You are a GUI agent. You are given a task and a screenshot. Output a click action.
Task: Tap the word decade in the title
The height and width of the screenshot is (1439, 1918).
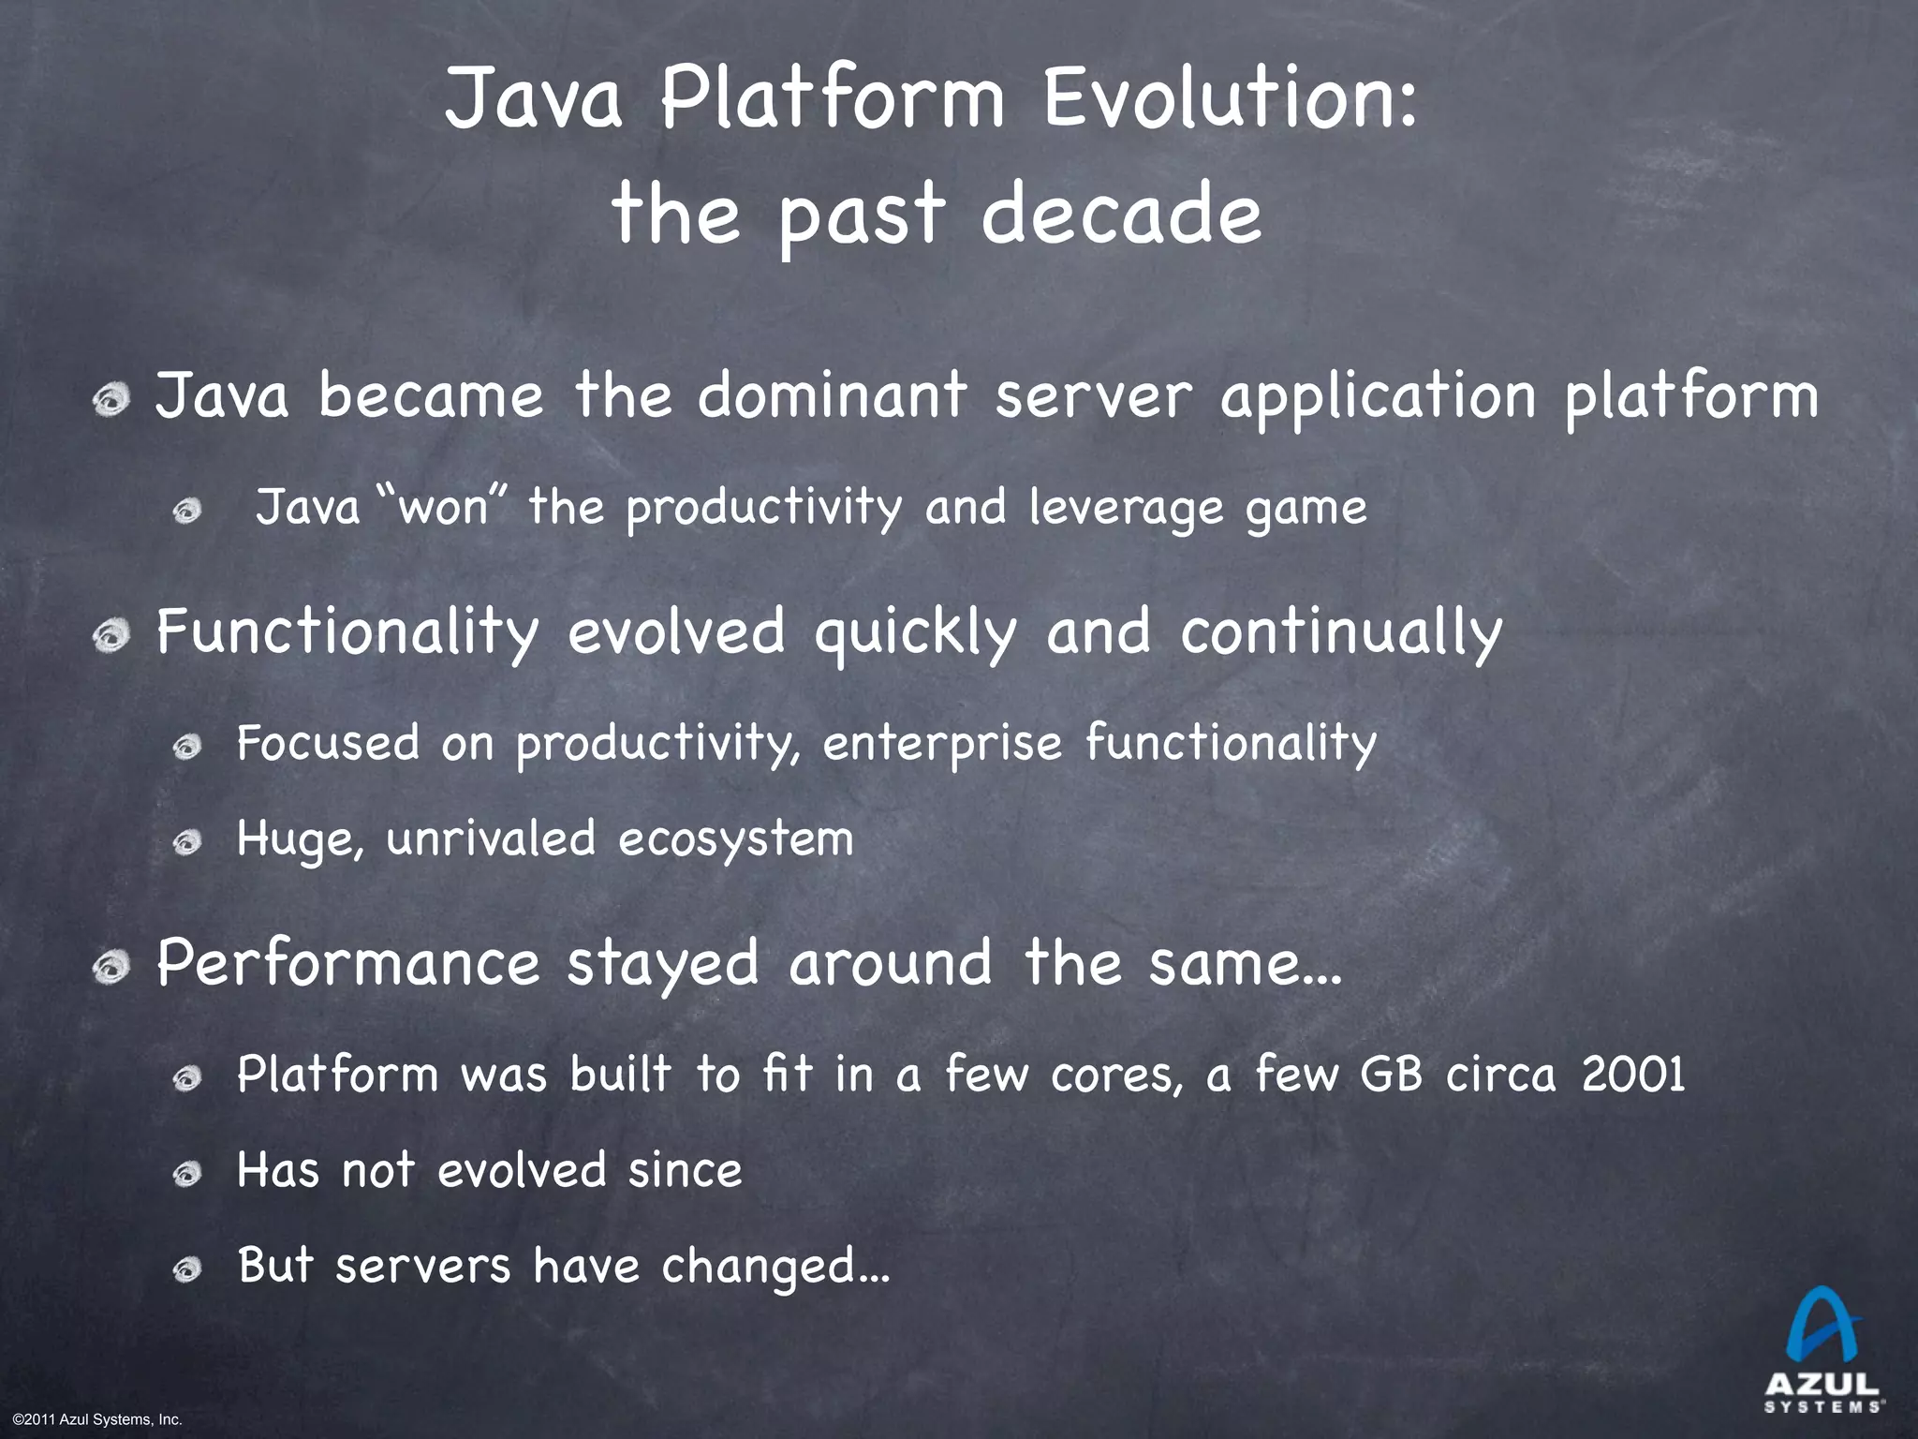pyautogui.click(x=1121, y=214)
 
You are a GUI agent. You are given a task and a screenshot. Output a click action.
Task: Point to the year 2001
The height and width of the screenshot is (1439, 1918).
pyautogui.click(x=1633, y=1074)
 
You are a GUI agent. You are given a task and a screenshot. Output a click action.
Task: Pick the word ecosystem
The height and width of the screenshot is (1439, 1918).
pyautogui.click(x=735, y=838)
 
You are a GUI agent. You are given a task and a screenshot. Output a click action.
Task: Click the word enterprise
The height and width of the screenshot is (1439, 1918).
pyautogui.click(x=942, y=744)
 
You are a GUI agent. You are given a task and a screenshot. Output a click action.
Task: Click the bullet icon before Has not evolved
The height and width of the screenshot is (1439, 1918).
pyautogui.click(x=187, y=1173)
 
